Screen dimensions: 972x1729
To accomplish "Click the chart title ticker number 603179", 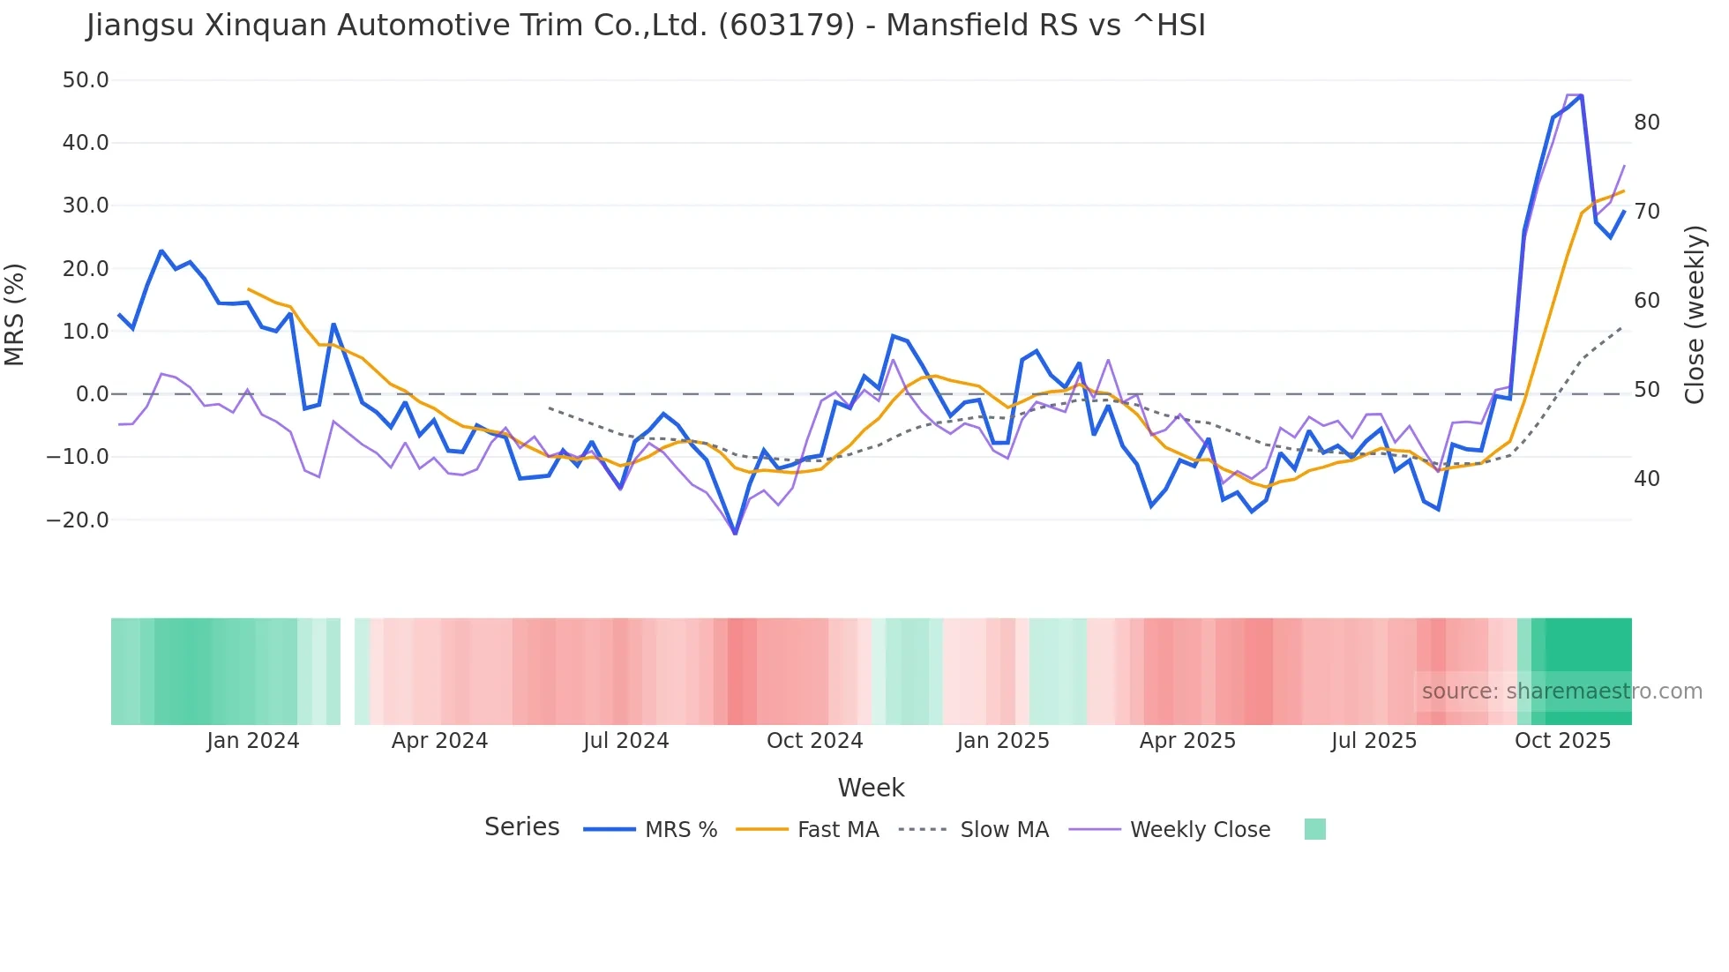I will (x=787, y=25).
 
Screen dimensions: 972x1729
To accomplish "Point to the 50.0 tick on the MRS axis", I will (x=86, y=80).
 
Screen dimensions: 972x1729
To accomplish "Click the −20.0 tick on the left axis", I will (x=78, y=520).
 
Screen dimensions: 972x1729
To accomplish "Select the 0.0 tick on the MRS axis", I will (x=92, y=394).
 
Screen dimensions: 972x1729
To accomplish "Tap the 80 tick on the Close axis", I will (x=1646, y=123).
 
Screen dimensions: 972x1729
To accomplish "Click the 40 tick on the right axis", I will (x=1646, y=479).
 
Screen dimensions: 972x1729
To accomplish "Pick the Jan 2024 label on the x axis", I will (x=253, y=741).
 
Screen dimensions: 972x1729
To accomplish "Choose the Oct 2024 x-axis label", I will (x=814, y=741).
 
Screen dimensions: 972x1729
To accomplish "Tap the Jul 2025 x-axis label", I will (x=1373, y=741).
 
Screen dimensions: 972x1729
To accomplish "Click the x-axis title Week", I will (x=871, y=788).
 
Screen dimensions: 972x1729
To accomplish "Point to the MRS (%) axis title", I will (x=15, y=314).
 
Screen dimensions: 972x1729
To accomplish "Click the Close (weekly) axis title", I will (x=1695, y=315).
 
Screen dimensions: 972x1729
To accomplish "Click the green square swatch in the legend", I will (x=1314, y=829).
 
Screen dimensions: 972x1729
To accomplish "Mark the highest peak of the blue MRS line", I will (x=1582, y=95).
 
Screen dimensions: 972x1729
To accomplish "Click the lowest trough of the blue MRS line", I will (x=735, y=533).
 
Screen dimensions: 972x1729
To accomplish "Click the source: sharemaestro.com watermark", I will (x=1561, y=692).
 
